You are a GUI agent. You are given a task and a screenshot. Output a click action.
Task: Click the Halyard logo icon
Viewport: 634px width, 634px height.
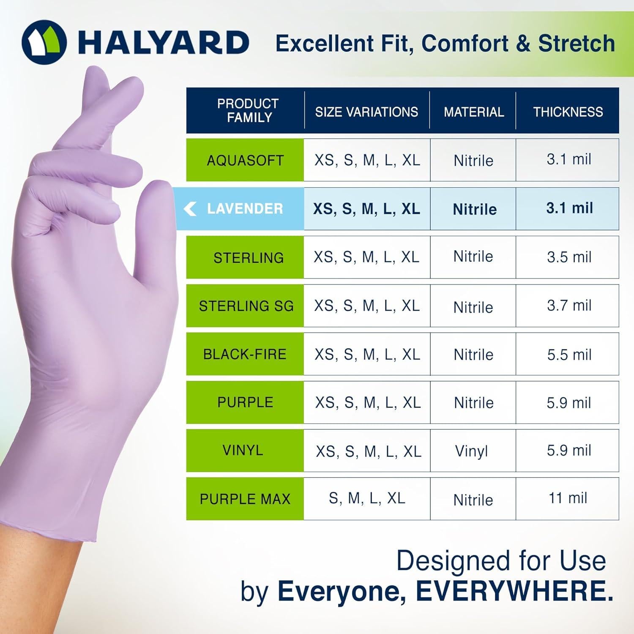pos(44,42)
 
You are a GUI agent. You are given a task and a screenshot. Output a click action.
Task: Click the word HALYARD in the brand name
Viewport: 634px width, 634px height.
pos(163,42)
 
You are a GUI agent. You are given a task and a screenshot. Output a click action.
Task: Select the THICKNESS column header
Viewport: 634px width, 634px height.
pos(568,112)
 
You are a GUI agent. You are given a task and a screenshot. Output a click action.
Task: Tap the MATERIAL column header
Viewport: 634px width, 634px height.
pos(473,112)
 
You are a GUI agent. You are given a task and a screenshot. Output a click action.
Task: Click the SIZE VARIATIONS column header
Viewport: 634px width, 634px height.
pos(366,112)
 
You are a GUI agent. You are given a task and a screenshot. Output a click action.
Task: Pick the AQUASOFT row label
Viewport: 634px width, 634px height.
pos(245,160)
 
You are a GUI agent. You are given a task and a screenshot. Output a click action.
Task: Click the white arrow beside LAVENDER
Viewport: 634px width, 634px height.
pos(190,208)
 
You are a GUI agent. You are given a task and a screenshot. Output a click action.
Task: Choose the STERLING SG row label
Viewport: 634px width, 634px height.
pos(246,306)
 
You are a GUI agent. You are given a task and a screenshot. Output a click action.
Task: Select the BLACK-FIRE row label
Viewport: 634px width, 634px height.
pos(245,354)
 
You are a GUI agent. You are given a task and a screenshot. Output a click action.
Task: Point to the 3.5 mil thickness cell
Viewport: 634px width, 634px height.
pos(569,257)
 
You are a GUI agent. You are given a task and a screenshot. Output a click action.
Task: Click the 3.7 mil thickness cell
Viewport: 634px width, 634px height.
pos(569,305)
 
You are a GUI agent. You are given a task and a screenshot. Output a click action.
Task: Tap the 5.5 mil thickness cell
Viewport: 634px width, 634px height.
pos(569,354)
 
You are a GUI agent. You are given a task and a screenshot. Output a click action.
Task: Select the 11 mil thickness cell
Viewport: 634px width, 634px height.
pos(568,498)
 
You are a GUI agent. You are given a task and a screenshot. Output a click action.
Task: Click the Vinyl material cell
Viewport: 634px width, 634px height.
pos(471,451)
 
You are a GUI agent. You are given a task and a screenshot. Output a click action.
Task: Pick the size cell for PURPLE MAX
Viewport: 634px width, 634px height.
pos(367,498)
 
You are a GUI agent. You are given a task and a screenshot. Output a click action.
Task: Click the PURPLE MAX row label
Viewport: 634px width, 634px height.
pos(245,499)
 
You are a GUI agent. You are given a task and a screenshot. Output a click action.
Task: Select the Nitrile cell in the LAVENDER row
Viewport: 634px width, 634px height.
pos(474,209)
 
